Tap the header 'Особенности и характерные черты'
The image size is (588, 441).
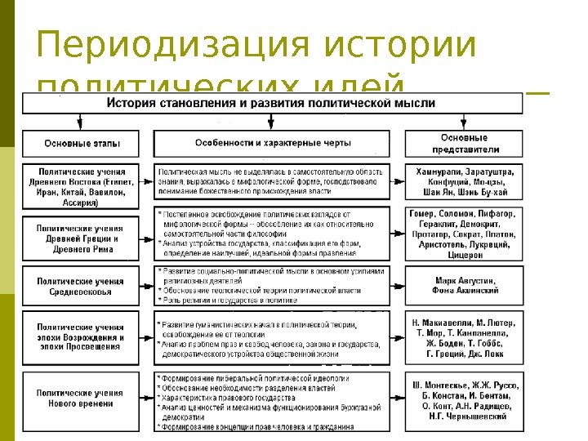272,143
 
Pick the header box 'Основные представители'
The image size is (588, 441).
464,143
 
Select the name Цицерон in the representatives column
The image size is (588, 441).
463,255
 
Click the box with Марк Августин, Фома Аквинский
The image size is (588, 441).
464,285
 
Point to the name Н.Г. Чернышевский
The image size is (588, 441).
464,416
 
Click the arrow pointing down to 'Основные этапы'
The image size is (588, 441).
79,123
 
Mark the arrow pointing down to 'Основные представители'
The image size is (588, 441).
463,123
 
